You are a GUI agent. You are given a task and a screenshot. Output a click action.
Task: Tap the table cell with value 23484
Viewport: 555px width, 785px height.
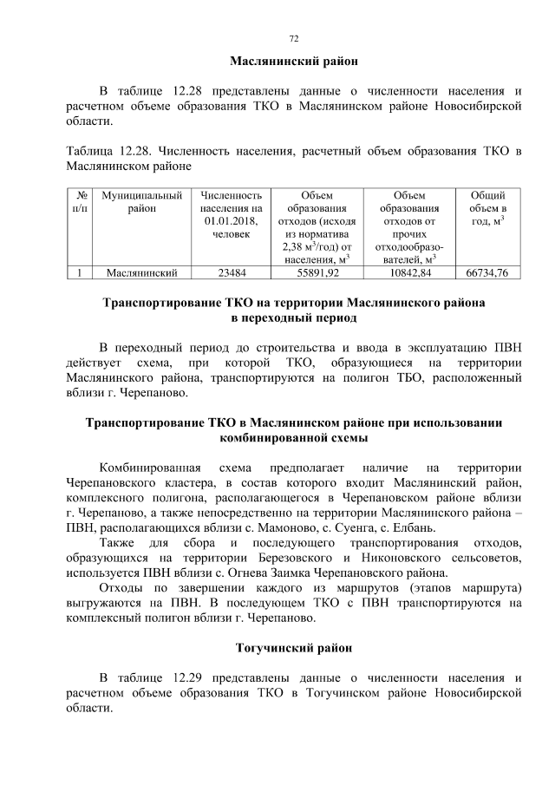(x=231, y=272)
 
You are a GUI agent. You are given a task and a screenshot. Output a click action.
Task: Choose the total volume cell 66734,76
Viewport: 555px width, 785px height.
(x=487, y=272)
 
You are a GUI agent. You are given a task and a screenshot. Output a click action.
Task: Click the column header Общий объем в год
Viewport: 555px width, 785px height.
(x=487, y=209)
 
